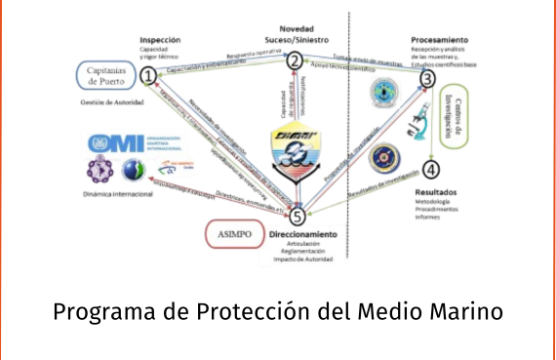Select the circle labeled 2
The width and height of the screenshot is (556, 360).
tap(294, 60)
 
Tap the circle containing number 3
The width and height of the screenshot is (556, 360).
tap(427, 78)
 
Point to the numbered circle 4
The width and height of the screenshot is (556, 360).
tap(432, 168)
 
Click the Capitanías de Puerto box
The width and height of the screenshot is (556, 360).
tap(107, 74)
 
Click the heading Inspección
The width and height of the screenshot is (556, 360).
tap(160, 40)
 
